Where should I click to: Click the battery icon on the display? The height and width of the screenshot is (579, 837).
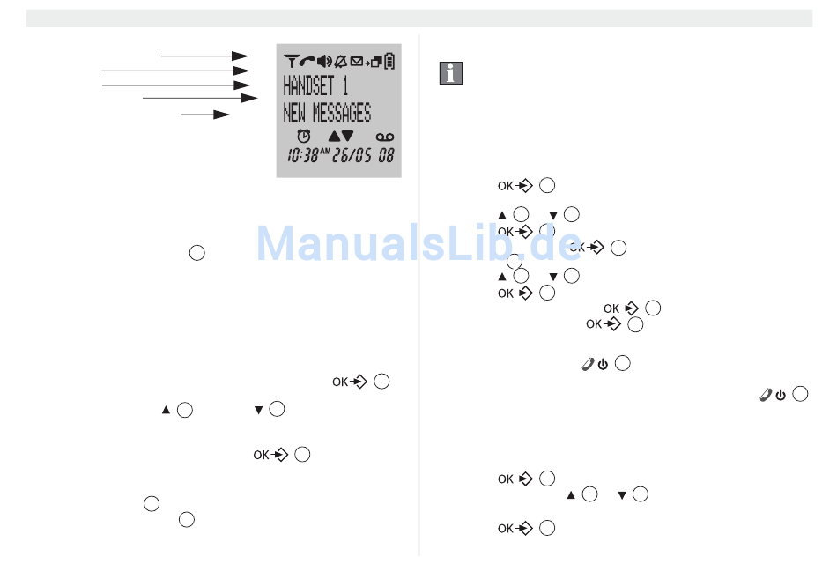(x=389, y=61)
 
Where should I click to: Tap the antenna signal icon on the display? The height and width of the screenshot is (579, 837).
(x=291, y=61)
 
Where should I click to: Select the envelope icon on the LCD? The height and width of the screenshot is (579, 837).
(x=356, y=61)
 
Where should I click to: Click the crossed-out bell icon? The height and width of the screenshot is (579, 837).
(x=339, y=61)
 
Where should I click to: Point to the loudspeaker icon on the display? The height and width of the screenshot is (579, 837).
(x=323, y=61)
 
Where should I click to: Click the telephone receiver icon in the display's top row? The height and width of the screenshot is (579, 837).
(x=307, y=61)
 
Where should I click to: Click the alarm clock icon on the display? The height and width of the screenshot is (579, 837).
(x=304, y=136)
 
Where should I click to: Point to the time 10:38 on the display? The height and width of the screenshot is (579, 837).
(x=301, y=155)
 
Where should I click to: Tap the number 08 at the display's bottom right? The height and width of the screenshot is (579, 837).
(x=386, y=155)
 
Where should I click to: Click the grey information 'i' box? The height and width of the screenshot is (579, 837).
(x=450, y=74)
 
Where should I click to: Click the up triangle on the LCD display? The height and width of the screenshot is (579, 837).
(x=333, y=136)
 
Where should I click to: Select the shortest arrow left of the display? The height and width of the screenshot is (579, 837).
(x=205, y=114)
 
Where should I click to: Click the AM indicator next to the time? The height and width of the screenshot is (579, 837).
(x=325, y=151)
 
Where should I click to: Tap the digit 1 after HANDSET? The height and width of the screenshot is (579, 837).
(x=344, y=86)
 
